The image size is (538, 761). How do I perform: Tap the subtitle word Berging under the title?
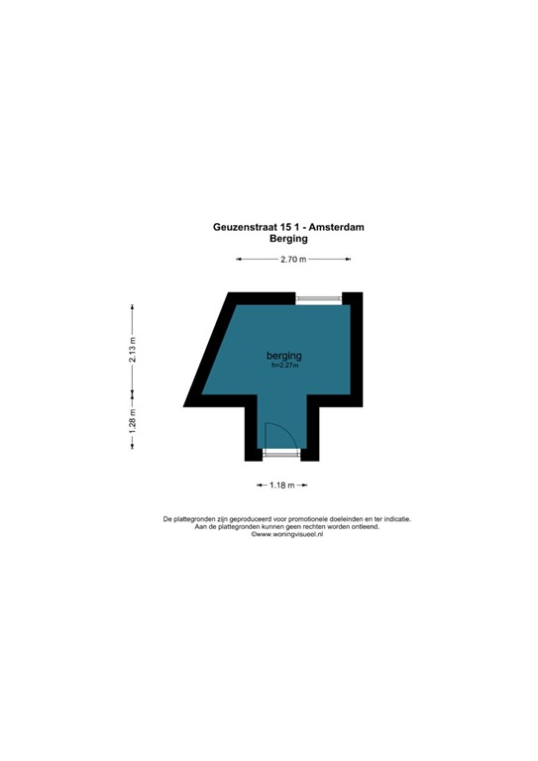coord(288,239)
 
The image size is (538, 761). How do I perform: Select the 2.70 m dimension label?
coord(292,260)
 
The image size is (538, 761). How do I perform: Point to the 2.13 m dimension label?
coord(132,350)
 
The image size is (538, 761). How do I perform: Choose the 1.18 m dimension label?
coord(282,485)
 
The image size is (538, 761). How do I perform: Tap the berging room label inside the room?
coord(283,356)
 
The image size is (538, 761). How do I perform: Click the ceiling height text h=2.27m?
coord(284,366)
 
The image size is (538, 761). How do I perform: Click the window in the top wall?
coord(318,298)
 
